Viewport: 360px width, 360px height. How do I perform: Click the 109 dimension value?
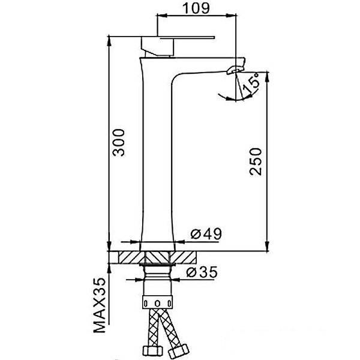coord(196,8)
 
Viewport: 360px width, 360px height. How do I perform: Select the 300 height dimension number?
coord(119,143)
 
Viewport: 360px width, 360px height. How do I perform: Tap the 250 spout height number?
coord(256,161)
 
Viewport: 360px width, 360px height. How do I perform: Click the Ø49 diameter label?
coord(206,233)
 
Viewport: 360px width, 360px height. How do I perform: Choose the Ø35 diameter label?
coord(202,272)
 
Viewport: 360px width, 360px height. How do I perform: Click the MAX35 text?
coord(100,305)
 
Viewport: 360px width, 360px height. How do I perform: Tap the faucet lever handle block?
coord(158,47)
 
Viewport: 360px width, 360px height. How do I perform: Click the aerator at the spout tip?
coord(235,69)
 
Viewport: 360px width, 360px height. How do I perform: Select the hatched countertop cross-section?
coord(158,257)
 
